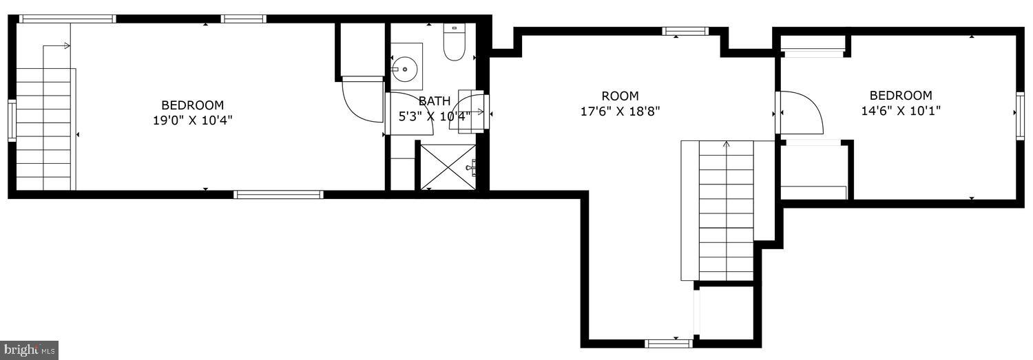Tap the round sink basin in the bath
[x=405, y=69]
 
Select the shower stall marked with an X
[x=447, y=167]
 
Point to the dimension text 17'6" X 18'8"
[x=620, y=111]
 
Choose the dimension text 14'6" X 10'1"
[x=900, y=110]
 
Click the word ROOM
[x=620, y=96]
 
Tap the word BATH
[x=434, y=101]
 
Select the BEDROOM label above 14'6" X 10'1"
[x=900, y=96]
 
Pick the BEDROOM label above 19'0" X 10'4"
[x=192, y=105]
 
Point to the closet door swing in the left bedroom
[x=364, y=102]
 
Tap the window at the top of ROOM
[x=685, y=31]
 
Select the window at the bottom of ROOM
[x=668, y=342]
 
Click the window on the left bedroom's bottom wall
[x=278, y=195]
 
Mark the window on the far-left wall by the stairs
[x=12, y=121]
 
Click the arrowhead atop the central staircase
[x=727, y=144]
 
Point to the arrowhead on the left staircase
[x=67, y=46]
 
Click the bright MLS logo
[x=29, y=350]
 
